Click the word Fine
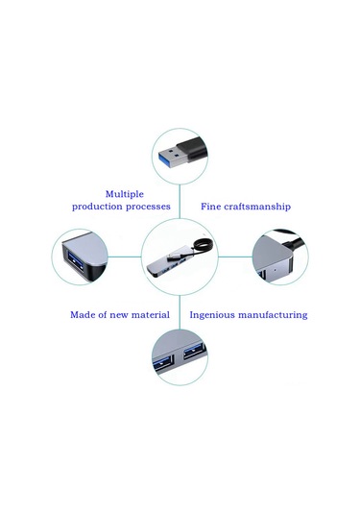tap(211, 207)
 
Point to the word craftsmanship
tap(257, 207)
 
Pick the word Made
tap(84, 314)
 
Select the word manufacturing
tap(274, 314)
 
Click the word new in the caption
tap(118, 314)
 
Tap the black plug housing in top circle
tap(196, 152)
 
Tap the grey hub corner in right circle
tap(275, 265)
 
